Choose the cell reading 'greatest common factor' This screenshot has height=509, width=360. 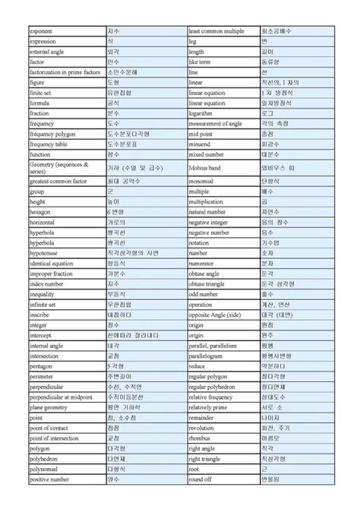tap(58, 182)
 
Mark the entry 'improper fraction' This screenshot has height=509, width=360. tap(52, 273)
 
